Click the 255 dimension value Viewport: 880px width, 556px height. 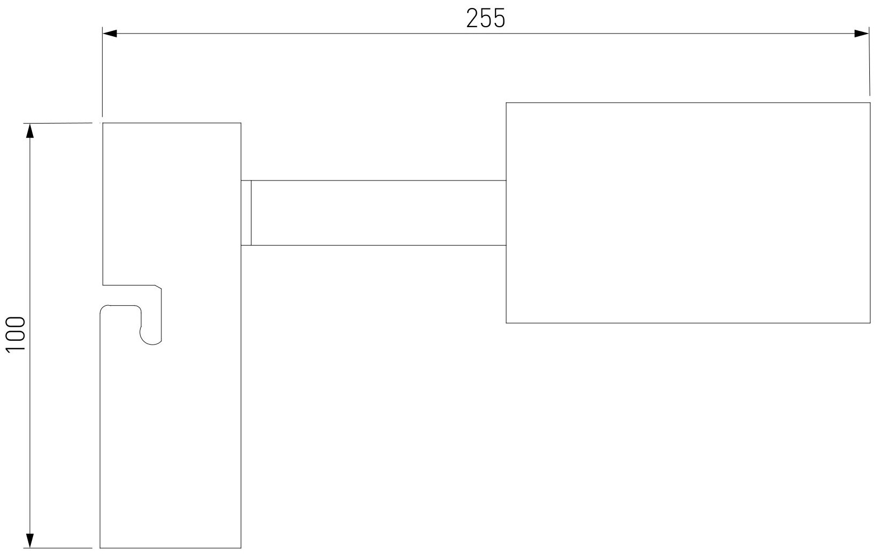(x=485, y=19)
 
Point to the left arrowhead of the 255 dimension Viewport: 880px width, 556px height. (x=110, y=34)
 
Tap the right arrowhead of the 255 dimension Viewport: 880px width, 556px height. (x=861, y=34)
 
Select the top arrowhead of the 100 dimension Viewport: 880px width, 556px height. (x=30, y=130)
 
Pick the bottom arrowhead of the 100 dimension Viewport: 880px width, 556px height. (x=30, y=541)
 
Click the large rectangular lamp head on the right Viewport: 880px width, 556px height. (x=687, y=212)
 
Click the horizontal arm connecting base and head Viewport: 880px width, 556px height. (x=378, y=213)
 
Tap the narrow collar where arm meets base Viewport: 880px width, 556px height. (x=246, y=213)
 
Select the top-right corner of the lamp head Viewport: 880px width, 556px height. (x=869, y=103)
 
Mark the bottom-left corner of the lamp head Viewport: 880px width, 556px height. (x=506, y=323)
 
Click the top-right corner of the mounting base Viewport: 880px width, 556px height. (x=241, y=123)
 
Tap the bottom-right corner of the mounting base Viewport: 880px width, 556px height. (x=241, y=547)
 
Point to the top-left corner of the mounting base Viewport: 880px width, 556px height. (x=103, y=123)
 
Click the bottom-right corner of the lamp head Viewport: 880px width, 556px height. (x=869, y=323)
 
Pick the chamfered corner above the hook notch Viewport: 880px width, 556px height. (x=159, y=288)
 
